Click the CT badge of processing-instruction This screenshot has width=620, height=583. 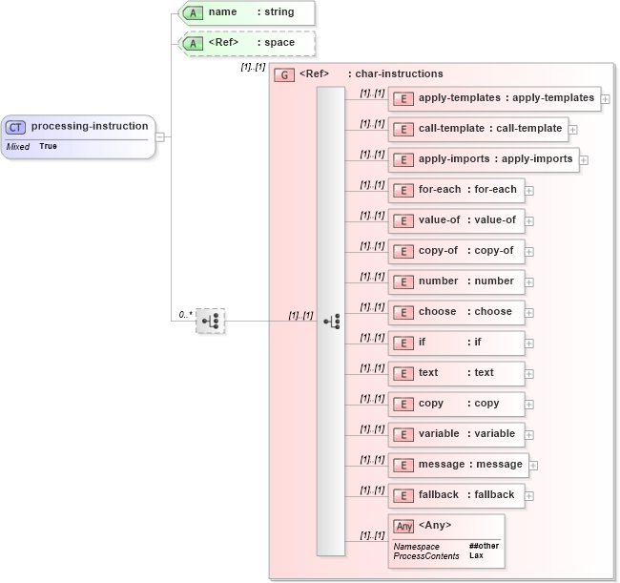pos(16,126)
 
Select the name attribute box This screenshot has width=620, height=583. pos(246,12)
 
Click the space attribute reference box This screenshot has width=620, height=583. pos(246,43)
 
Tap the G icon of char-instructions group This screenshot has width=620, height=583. pos(283,74)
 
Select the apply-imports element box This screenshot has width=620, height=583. pos(483,159)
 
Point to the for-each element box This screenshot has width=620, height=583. pos(455,190)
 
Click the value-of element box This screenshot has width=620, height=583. pos(455,220)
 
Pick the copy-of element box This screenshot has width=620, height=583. pos(455,251)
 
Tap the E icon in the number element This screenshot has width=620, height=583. pos(403,281)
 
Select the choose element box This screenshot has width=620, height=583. pos(455,312)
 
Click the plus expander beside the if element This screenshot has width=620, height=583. pos(529,343)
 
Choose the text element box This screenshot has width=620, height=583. pos(455,373)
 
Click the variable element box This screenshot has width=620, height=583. pos(455,434)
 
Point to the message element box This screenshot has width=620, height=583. pos(458,465)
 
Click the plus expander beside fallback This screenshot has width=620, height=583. pos(529,496)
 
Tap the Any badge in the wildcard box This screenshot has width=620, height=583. pos(403,526)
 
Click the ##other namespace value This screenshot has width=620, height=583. pos(483,546)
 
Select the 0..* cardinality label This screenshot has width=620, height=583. pos(185,314)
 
